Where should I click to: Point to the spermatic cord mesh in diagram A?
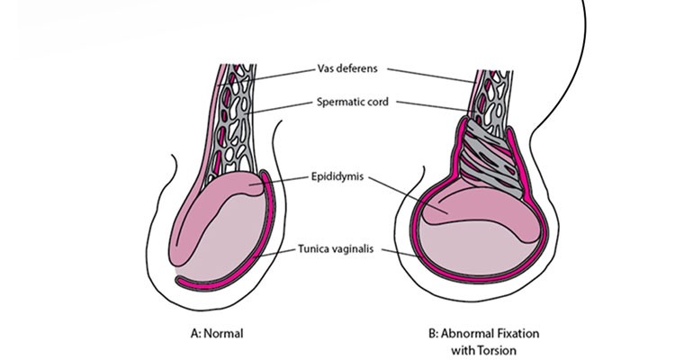(238, 126)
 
